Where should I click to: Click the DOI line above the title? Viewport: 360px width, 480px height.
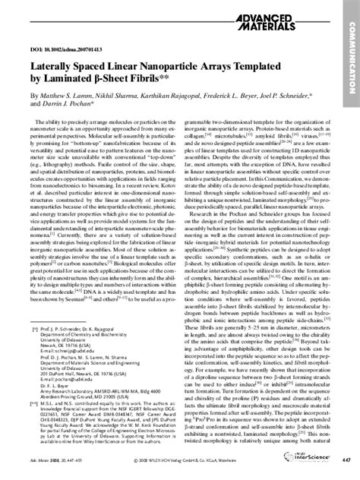(60, 57)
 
